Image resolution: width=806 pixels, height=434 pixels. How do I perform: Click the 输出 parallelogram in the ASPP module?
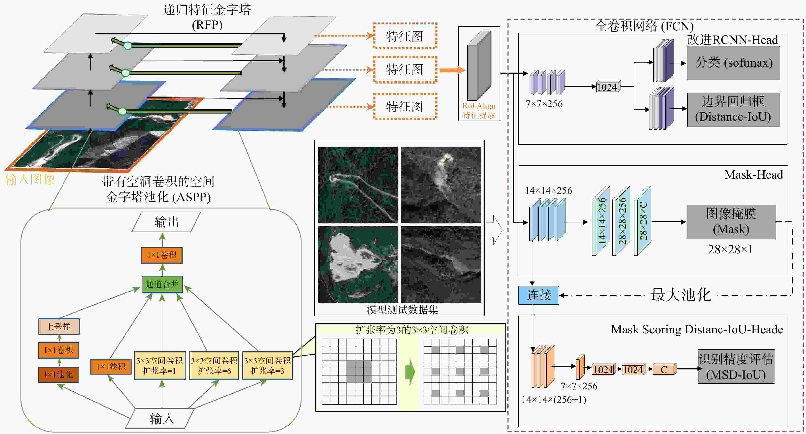(166, 222)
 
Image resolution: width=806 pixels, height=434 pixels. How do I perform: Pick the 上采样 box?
(59, 327)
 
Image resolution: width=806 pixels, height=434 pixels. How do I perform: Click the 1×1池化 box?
(59, 375)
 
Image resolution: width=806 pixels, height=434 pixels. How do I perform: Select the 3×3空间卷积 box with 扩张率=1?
(160, 365)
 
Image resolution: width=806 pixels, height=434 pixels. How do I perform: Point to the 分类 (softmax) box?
(733, 63)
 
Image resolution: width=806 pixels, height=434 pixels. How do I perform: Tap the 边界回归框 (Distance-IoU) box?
(733, 110)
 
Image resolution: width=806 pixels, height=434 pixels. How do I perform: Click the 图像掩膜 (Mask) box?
(731, 222)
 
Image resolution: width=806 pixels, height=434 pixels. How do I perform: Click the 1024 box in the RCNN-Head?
(607, 87)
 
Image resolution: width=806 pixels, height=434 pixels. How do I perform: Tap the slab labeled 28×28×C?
(643, 221)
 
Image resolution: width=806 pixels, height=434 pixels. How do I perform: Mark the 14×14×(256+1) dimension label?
(554, 400)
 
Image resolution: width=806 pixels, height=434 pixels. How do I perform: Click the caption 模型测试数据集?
(402, 310)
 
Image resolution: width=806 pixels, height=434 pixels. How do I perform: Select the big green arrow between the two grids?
(410, 372)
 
